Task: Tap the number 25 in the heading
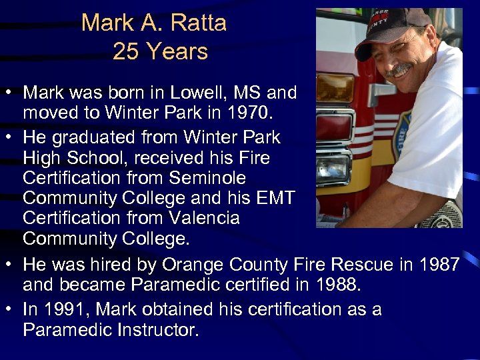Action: coord(125,51)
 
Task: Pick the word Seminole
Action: coord(208,178)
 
